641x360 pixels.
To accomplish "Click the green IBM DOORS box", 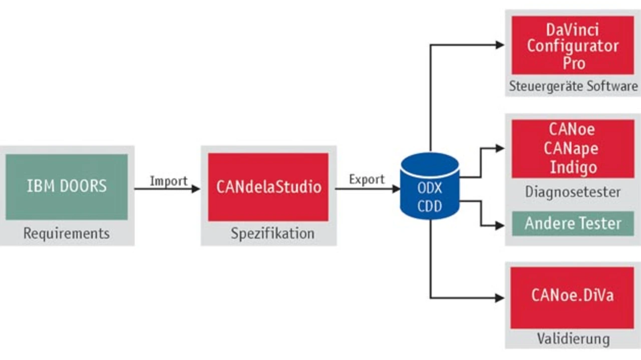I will click(x=67, y=187).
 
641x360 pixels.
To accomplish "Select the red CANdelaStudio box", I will click(x=268, y=187).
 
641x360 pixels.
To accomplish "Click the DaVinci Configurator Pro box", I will click(x=572, y=45).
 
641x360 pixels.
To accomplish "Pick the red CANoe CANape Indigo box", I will click(x=572, y=149).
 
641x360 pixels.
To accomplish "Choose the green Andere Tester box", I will click(x=572, y=223).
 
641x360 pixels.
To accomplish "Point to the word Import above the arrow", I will click(x=168, y=181).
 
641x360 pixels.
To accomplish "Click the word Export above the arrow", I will click(x=367, y=179).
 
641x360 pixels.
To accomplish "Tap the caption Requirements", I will click(x=67, y=233).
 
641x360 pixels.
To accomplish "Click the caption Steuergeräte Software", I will click(x=573, y=86).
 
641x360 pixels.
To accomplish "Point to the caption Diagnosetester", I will click(x=573, y=191).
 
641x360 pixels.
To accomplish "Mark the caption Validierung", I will click(x=573, y=338).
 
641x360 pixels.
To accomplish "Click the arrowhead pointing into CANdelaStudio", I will click(x=196, y=189).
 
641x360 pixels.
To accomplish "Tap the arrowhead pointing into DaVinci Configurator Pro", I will click(x=500, y=45).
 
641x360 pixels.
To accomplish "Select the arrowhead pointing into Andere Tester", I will click(x=500, y=226).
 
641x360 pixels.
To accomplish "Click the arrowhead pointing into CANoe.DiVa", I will click(x=500, y=298).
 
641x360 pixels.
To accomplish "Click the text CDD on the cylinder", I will click(x=430, y=206).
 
